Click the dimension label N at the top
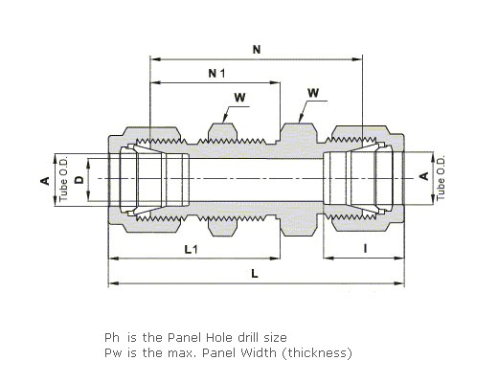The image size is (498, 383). coord(257,50)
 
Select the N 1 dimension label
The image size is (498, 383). coord(216,74)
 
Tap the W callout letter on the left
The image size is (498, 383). coord(239,97)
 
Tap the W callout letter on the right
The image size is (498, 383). coord(313,93)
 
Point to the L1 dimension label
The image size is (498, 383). coord(192,249)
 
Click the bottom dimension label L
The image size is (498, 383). coord(255,274)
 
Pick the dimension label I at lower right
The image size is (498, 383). coord(365,248)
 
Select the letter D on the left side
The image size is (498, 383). coord(79,180)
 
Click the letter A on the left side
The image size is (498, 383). coord(45,181)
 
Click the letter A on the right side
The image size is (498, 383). coord(423,176)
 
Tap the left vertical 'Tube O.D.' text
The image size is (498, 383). coord(64,178)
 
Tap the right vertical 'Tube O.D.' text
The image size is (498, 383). coord(441,177)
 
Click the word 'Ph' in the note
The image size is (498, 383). coord(112,337)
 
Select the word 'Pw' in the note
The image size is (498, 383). coord(113,352)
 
